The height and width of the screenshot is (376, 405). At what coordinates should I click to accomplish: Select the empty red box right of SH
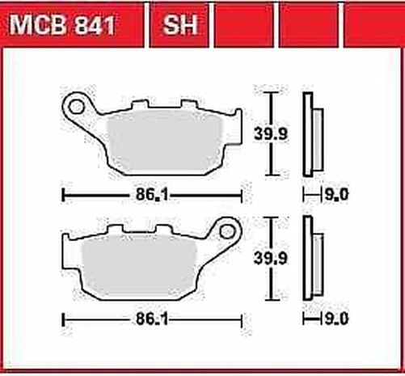[x=243, y=27]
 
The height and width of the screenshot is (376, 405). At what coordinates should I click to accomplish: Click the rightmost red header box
[x=373, y=27]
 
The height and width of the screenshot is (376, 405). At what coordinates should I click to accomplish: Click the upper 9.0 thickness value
[x=337, y=195]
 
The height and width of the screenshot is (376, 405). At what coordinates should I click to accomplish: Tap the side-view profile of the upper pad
[x=309, y=133]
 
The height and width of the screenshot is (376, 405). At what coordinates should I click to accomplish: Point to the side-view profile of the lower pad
[x=309, y=259]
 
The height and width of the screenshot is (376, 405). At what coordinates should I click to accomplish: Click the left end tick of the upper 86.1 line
[x=63, y=195]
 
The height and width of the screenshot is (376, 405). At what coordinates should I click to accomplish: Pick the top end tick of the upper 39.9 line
[x=273, y=93]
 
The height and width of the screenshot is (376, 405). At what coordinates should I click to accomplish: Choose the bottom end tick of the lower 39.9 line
[x=273, y=301]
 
